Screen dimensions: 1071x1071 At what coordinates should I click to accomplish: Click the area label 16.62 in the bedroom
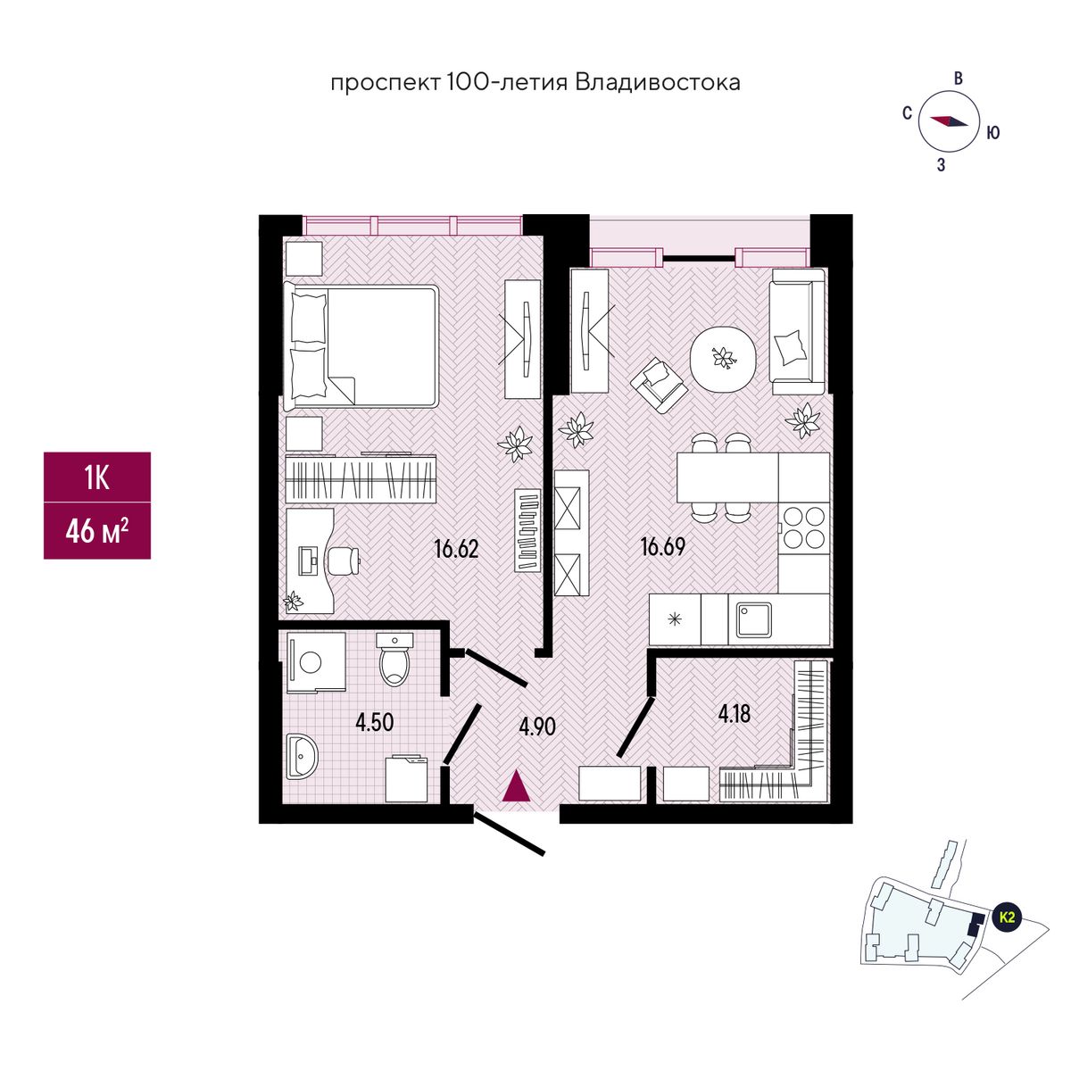click(456, 549)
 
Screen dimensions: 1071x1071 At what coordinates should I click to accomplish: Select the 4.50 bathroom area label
click(375, 722)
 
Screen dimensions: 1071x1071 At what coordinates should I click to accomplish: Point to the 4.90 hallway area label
click(537, 726)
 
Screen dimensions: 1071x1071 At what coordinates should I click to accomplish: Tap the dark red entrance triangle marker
click(516, 788)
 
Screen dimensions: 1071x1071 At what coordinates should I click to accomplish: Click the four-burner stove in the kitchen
click(803, 527)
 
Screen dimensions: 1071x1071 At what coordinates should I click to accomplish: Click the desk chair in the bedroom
click(344, 560)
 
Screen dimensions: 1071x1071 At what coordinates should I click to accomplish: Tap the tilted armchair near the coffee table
click(659, 385)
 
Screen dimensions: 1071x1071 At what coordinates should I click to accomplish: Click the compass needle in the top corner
click(950, 122)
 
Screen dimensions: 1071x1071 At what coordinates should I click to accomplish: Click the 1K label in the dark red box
click(96, 479)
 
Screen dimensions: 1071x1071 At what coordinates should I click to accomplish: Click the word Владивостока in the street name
click(658, 83)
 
